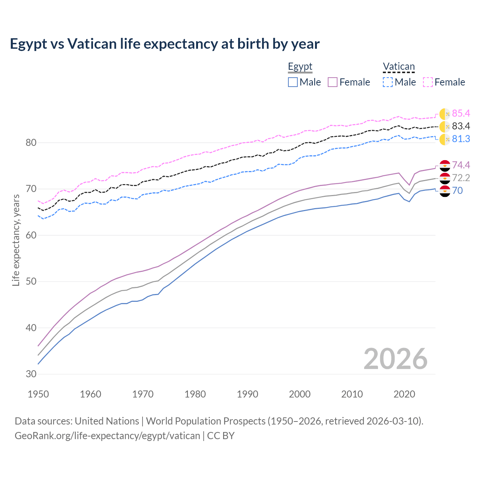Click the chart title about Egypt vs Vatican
tap(165, 44)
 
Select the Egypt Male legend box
tap(293, 82)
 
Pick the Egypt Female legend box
tap(333, 82)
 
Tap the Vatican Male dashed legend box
tap(388, 82)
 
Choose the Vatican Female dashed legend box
tap(428, 82)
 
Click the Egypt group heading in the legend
tap(300, 67)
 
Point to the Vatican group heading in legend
tap(399, 67)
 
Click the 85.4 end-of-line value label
tap(461, 113)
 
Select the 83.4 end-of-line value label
tap(461, 126)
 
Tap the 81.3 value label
tap(461, 139)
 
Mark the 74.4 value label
tap(461, 165)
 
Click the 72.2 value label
tap(461, 178)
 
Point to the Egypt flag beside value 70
tap(445, 191)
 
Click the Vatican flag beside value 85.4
tap(445, 114)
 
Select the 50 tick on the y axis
tap(31, 281)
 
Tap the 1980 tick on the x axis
tap(195, 394)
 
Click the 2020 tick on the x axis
tap(404, 394)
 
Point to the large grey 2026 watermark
tap(395, 359)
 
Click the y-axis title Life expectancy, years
tap(16, 240)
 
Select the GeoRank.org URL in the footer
tap(107, 435)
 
